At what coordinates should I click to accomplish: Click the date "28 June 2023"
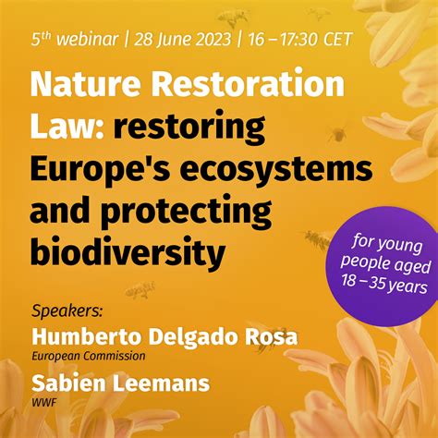click(x=182, y=40)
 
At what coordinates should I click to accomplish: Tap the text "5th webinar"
click(x=75, y=39)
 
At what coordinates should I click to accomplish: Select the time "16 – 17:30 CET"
click(x=300, y=39)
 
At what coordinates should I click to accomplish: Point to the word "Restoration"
click(x=248, y=84)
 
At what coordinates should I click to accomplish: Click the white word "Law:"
click(x=67, y=127)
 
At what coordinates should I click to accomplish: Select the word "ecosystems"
click(x=276, y=170)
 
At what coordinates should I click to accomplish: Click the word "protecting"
click(x=187, y=213)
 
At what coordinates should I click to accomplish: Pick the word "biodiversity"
click(x=128, y=254)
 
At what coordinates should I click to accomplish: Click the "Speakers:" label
click(x=67, y=311)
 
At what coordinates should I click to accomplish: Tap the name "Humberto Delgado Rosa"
click(x=164, y=336)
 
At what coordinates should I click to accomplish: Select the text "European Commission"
click(x=89, y=357)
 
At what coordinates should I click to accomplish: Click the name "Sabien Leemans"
click(x=121, y=383)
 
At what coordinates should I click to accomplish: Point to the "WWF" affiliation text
click(x=44, y=402)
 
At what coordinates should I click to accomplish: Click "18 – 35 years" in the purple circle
click(x=384, y=285)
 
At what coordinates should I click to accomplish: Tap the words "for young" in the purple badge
click(x=387, y=244)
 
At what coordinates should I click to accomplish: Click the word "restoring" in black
click(x=189, y=128)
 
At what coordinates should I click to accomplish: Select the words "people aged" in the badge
click(x=385, y=265)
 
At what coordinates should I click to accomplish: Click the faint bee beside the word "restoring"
click(x=337, y=134)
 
